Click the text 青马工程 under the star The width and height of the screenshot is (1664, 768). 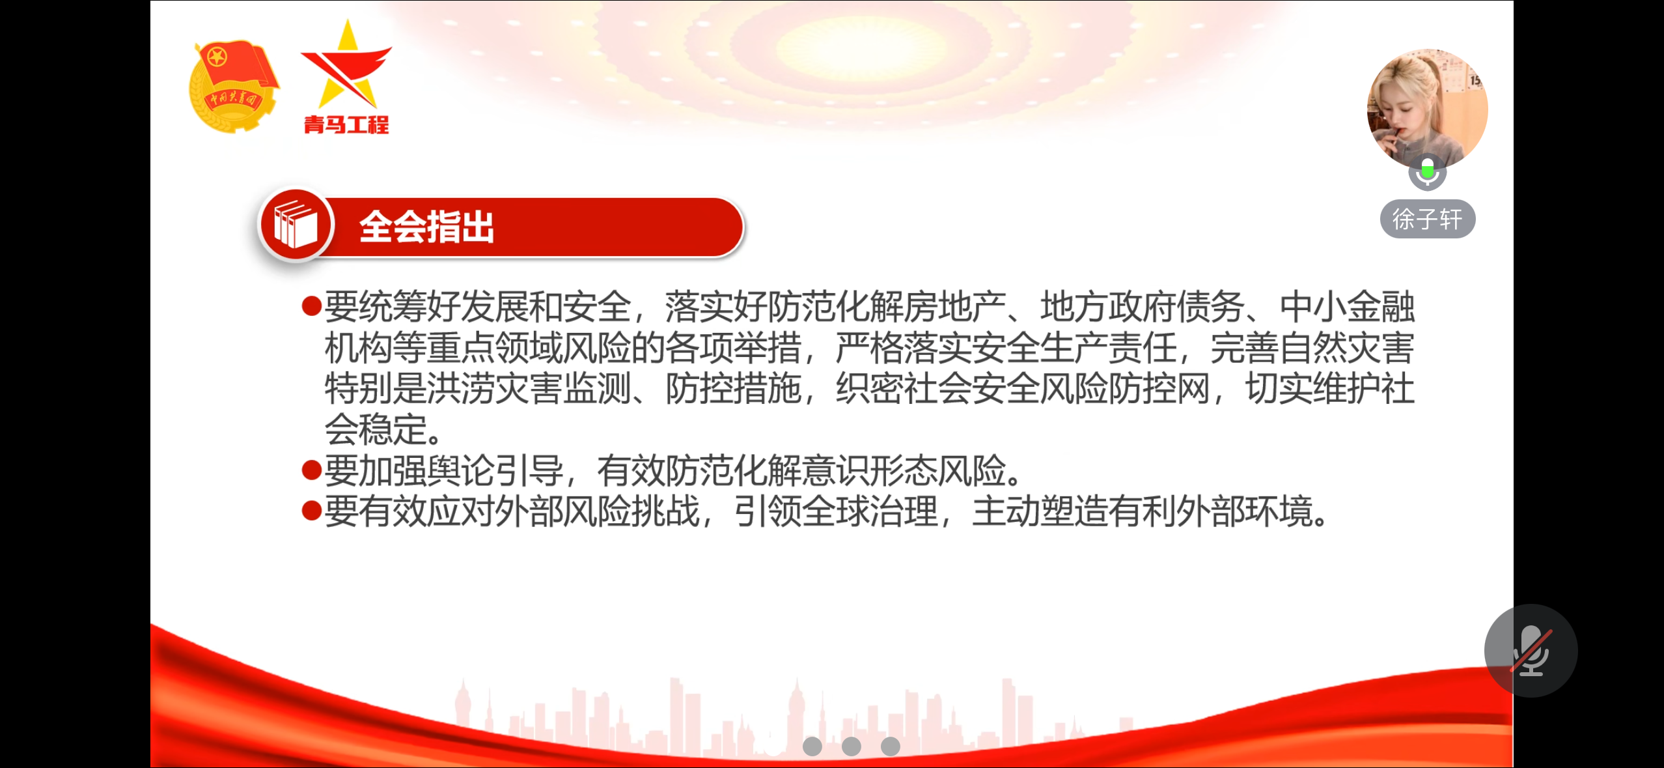[x=346, y=124]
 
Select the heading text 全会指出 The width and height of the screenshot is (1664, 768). [x=427, y=227]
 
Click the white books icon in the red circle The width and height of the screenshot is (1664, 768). [x=296, y=225]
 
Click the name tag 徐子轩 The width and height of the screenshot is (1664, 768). [x=1428, y=219]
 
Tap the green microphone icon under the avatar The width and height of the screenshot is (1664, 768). [x=1428, y=172]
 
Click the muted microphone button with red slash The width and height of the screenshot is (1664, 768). [x=1531, y=650]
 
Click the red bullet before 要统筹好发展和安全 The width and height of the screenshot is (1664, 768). [x=312, y=305]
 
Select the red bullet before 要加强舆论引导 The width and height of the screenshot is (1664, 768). [x=312, y=470]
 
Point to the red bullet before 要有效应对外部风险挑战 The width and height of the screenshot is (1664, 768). [x=312, y=511]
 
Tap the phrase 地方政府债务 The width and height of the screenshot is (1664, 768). [x=1143, y=307]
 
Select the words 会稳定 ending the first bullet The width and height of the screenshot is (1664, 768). [x=376, y=429]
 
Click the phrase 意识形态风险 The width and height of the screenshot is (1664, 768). [x=905, y=470]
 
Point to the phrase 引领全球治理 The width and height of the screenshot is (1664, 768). [x=837, y=511]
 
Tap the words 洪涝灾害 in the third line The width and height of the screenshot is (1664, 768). [x=495, y=388]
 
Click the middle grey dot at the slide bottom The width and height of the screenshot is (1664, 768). [x=851, y=746]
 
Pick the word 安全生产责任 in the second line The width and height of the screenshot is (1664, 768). [x=1074, y=348]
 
